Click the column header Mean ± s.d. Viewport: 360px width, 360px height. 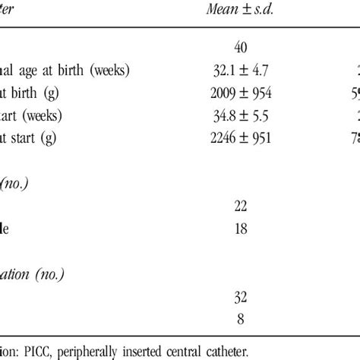(240, 8)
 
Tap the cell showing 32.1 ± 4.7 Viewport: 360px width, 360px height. (241, 71)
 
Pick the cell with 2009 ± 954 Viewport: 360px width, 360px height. (241, 93)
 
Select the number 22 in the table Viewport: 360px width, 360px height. (241, 205)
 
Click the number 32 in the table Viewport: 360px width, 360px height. (241, 295)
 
